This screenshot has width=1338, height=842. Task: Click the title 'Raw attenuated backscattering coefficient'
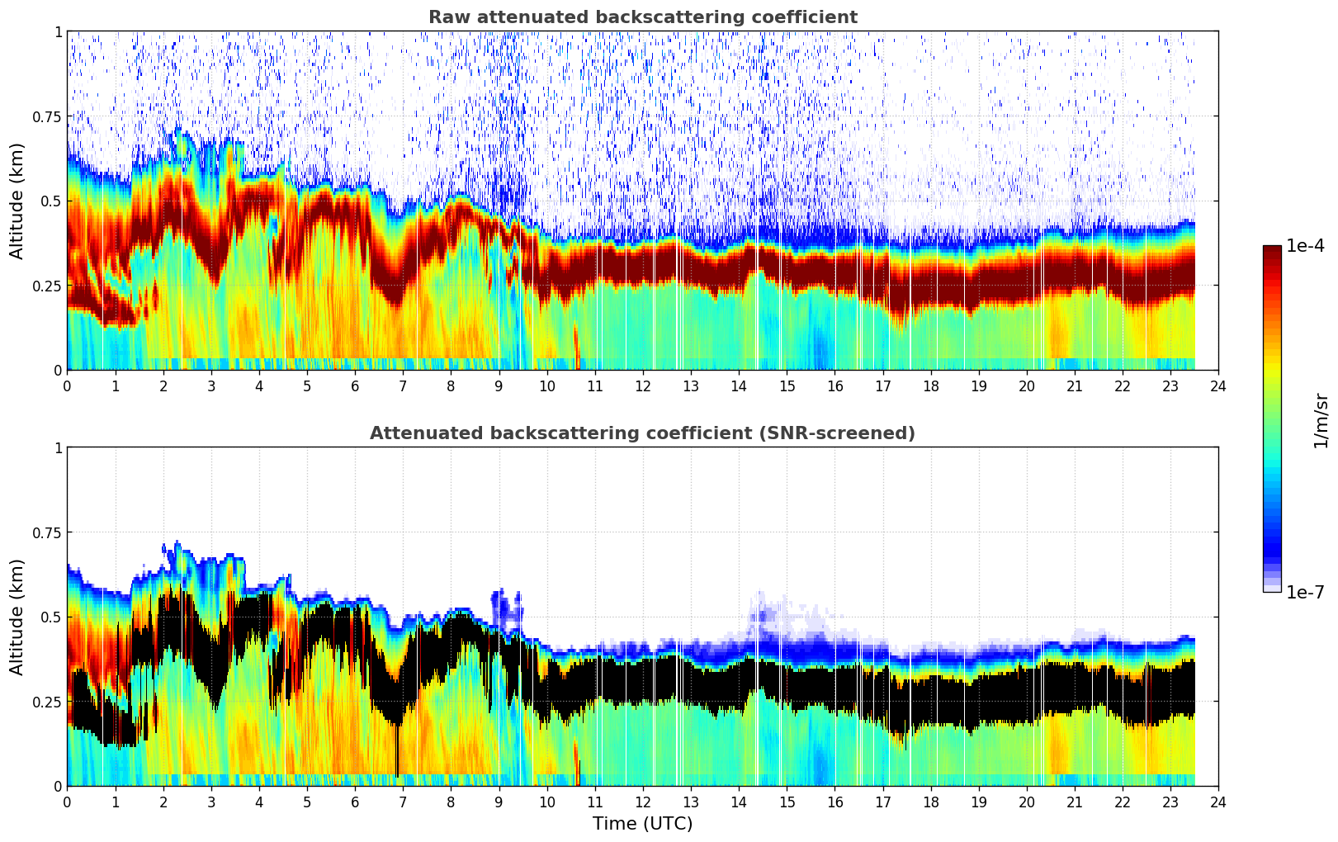(x=642, y=17)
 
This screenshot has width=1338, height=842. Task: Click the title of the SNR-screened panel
(x=642, y=433)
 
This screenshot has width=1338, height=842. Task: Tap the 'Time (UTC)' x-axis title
(x=642, y=824)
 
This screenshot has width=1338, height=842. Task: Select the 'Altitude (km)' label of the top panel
(x=17, y=201)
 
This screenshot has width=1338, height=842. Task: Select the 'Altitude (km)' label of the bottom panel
(x=17, y=617)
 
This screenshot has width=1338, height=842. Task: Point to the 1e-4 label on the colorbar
(x=1306, y=247)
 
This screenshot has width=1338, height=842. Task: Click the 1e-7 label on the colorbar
(x=1306, y=592)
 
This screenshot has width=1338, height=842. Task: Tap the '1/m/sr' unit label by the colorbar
(x=1321, y=421)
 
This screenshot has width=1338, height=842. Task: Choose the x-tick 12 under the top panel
(x=643, y=386)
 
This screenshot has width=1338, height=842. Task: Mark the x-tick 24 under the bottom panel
(x=1218, y=802)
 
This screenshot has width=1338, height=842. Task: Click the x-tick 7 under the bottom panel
(x=403, y=802)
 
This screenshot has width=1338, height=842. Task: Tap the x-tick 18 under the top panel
(x=930, y=386)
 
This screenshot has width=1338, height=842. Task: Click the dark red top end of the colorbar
(x=1271, y=249)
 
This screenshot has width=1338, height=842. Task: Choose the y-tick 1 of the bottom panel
(x=58, y=448)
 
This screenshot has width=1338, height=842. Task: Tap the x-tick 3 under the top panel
(x=211, y=386)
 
